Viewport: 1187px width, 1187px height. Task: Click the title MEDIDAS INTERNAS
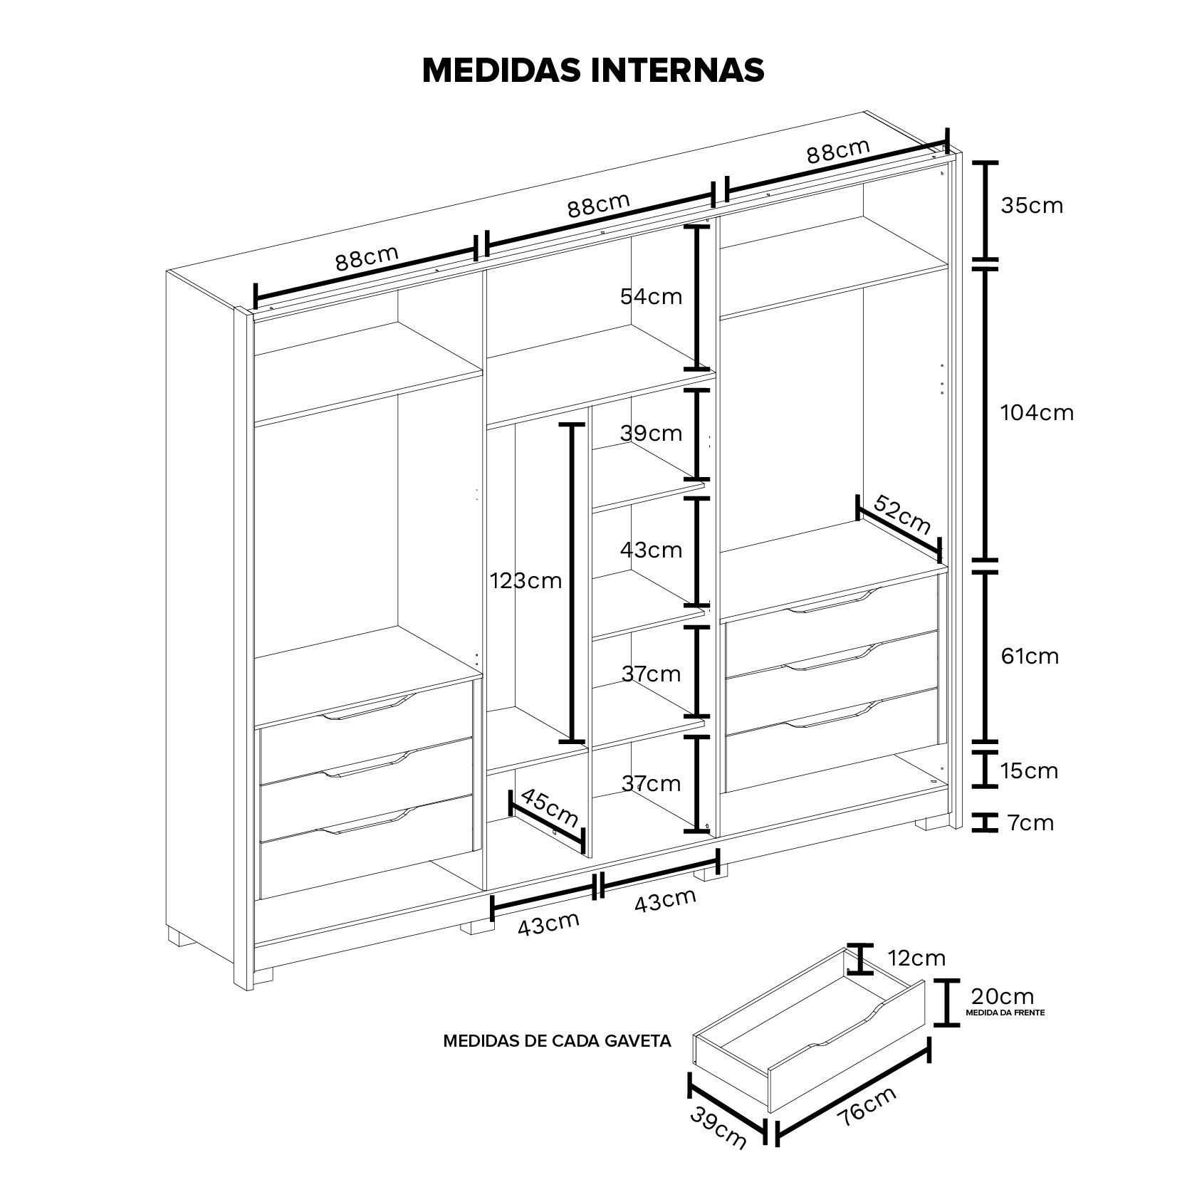pyautogui.click(x=593, y=70)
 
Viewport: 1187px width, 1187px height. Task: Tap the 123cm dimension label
pyautogui.click(x=525, y=582)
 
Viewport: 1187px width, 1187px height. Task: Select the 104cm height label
pyautogui.click(x=1036, y=413)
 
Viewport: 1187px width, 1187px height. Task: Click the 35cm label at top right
pyautogui.click(x=1031, y=206)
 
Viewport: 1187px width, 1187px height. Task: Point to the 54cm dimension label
pyautogui.click(x=651, y=297)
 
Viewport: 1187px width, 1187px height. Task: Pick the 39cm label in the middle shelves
pyautogui.click(x=651, y=434)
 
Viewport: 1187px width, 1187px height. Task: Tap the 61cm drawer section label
pyautogui.click(x=1030, y=657)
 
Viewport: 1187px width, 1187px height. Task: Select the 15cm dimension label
pyautogui.click(x=1028, y=771)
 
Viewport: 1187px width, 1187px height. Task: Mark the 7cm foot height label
pyautogui.click(x=1030, y=824)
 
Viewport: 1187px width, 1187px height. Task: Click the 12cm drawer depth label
pyautogui.click(x=916, y=958)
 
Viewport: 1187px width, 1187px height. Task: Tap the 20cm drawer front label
pyautogui.click(x=1002, y=996)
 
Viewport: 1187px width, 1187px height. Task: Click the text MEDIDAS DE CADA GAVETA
pyautogui.click(x=557, y=1041)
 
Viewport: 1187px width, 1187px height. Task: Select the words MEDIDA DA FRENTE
pyautogui.click(x=1005, y=1012)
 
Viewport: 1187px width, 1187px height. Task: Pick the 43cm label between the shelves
pyautogui.click(x=651, y=550)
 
